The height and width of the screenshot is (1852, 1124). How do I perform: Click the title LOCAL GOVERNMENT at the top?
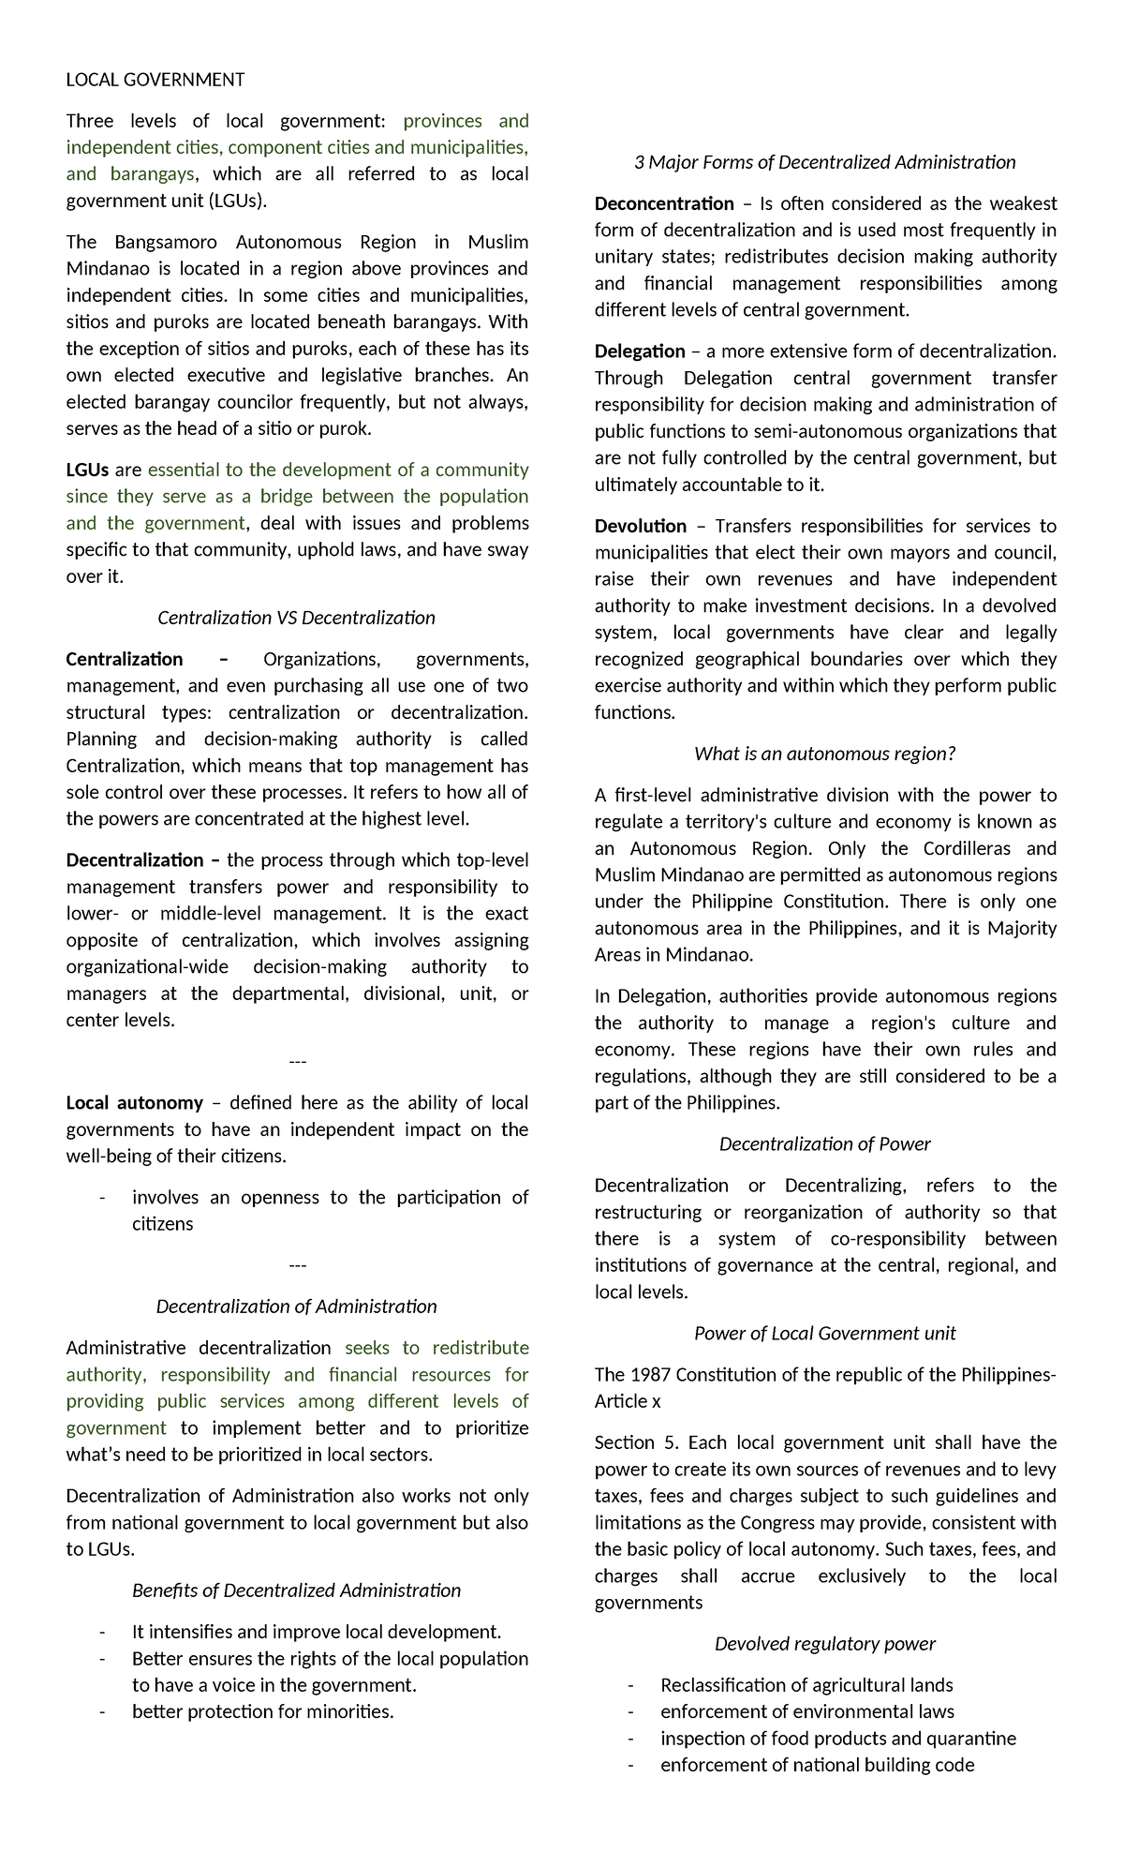(x=155, y=80)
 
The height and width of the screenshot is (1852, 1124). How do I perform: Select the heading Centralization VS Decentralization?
(x=296, y=618)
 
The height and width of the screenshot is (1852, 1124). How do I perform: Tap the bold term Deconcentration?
(x=664, y=203)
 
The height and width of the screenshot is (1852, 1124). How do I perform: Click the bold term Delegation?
(x=640, y=351)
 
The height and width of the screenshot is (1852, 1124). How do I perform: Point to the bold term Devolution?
(x=641, y=526)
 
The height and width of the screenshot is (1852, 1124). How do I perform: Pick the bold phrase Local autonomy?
(x=134, y=1102)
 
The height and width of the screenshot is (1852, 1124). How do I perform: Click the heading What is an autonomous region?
(x=824, y=754)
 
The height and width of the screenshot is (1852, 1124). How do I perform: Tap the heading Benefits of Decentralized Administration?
(x=296, y=1591)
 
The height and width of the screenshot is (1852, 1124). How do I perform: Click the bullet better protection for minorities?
(x=263, y=1711)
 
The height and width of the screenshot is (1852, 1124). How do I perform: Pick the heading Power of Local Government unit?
(x=824, y=1333)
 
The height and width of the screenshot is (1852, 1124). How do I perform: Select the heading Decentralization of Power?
(x=824, y=1143)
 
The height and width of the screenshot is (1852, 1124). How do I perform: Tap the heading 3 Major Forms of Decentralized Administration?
(x=824, y=162)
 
